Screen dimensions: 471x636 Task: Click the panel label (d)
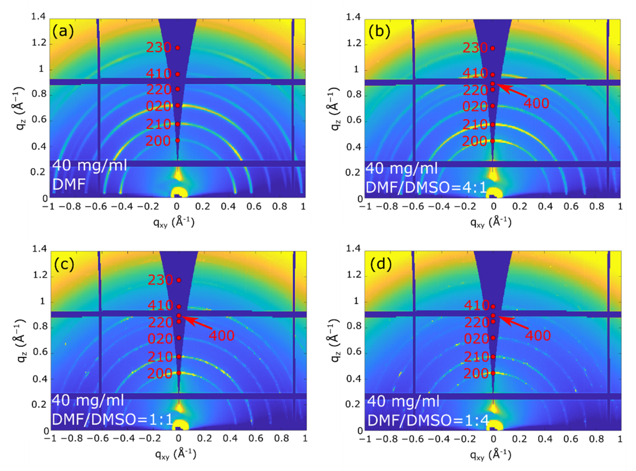tap(381, 264)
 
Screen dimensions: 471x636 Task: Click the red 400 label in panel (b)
tap(536, 103)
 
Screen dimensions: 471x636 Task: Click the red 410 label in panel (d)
tap(476, 305)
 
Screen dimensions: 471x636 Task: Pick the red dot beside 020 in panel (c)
tap(179, 338)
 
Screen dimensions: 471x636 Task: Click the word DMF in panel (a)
tap(69, 185)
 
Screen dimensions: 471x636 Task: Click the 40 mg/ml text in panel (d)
tap(403, 401)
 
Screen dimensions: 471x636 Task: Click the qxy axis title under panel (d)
tap(491, 455)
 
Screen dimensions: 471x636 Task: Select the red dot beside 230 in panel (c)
tap(179, 280)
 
